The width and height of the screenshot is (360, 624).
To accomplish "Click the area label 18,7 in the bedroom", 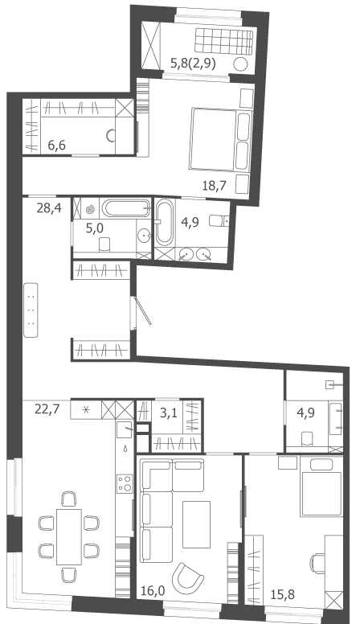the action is (214, 186).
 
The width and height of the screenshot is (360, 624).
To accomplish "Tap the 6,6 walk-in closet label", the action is (56, 146).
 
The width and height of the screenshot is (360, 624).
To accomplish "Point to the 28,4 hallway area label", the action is (49, 207).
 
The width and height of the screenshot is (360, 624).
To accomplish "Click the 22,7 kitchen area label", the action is (47, 408).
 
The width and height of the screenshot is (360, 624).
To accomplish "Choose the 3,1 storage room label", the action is (168, 413).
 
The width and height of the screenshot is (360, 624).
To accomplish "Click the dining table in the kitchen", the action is (69, 536).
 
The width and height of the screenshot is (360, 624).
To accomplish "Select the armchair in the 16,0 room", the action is (190, 577).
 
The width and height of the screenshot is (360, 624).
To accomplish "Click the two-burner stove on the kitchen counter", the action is (125, 483).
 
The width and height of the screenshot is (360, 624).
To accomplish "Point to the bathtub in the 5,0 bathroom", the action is (126, 208).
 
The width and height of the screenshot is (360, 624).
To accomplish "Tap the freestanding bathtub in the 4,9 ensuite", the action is (165, 223).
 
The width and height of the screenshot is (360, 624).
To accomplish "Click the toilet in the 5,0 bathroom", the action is (104, 244).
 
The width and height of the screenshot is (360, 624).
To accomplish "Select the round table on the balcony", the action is (240, 64).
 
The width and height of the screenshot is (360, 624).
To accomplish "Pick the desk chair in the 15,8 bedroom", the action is (317, 564).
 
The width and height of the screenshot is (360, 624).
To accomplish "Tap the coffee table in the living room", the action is (196, 524).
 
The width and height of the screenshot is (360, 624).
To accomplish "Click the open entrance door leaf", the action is (142, 311).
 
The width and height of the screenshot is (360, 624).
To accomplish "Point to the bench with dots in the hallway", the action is (31, 310).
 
